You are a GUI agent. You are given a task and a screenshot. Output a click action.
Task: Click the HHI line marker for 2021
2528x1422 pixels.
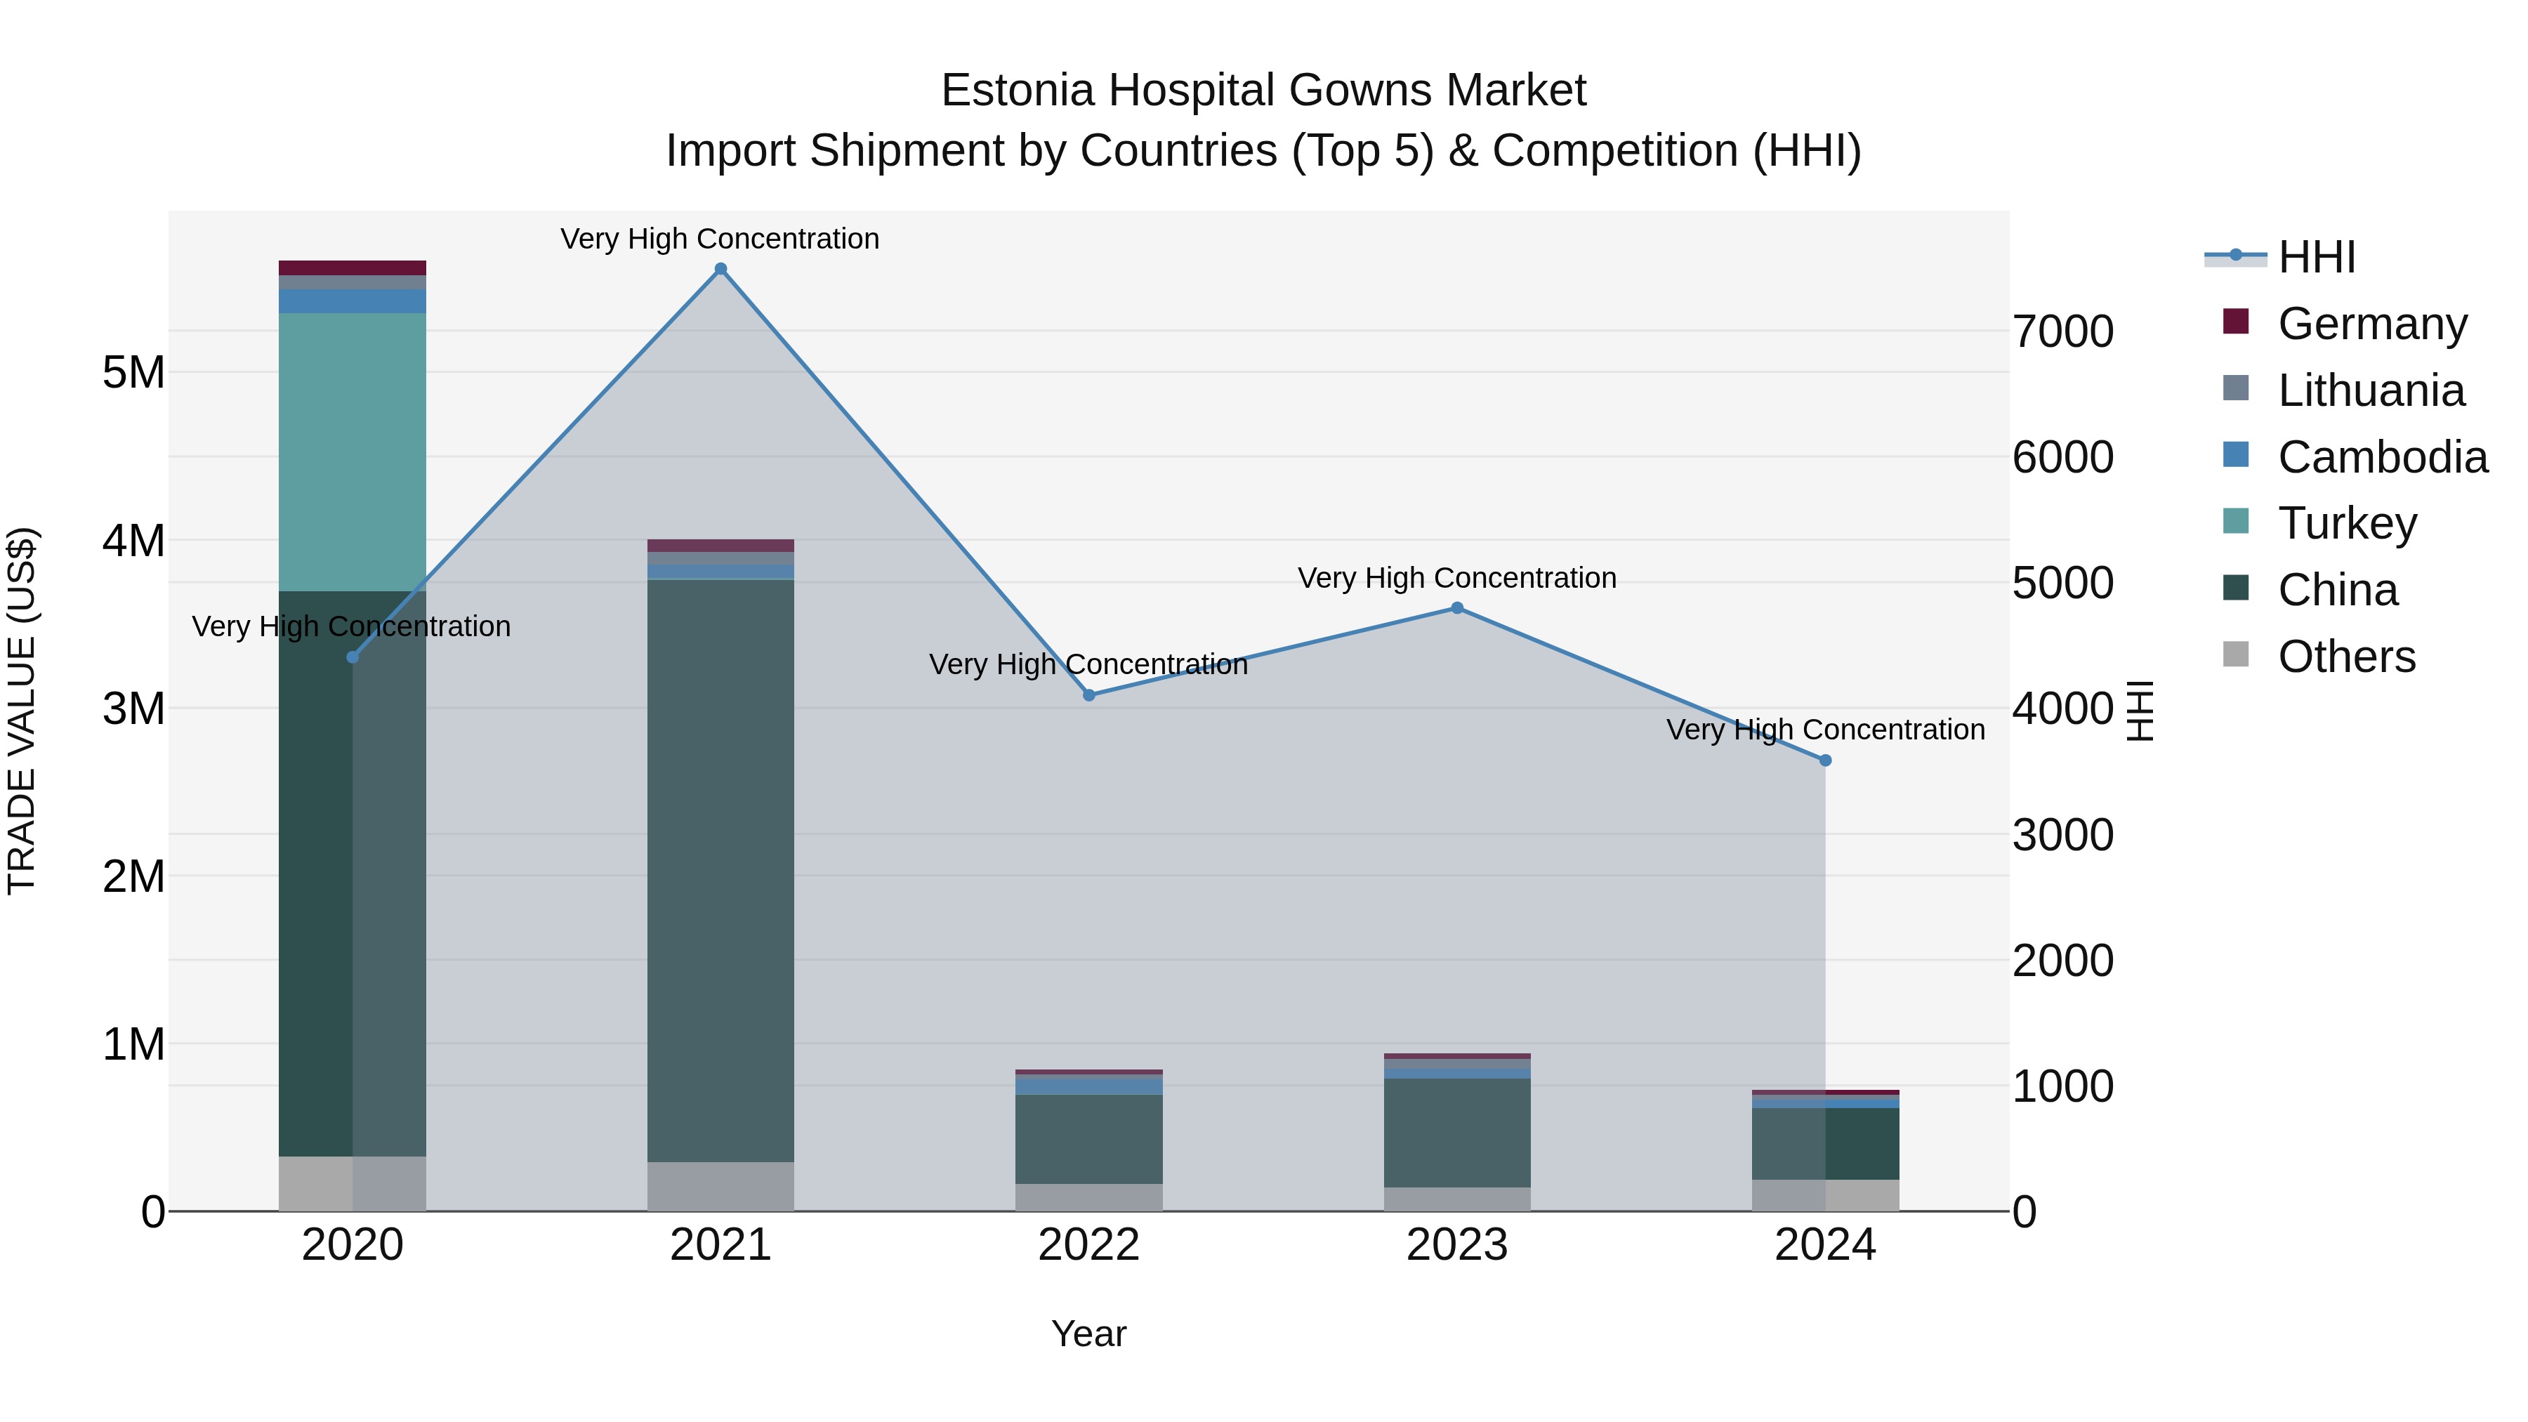720,269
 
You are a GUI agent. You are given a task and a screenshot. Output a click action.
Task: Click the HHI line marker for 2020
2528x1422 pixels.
353,657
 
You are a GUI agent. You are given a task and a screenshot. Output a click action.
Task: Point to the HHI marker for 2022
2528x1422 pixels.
1088,694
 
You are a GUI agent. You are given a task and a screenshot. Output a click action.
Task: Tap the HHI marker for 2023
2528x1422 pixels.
1456,608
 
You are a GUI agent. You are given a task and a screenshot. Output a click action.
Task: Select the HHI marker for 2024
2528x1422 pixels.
1824,761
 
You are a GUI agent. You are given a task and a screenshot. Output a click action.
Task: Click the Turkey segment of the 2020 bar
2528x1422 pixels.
353,452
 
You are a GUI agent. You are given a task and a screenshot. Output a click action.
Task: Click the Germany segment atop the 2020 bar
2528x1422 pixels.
353,268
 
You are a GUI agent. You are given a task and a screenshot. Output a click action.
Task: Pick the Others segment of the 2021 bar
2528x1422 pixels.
720,1187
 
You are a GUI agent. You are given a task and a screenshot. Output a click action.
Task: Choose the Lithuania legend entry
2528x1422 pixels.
2370,390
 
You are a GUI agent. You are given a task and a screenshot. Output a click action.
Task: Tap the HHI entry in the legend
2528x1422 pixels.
2316,257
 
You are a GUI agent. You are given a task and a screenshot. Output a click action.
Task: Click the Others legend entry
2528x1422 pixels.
2345,657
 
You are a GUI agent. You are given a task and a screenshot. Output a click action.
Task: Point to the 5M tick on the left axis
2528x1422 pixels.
133,373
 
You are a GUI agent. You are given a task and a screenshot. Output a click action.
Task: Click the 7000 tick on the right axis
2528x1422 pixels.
2062,331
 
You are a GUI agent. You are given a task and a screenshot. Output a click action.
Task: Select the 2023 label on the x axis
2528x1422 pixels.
1456,1245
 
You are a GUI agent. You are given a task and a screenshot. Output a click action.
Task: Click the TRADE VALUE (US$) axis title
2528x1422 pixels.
22,711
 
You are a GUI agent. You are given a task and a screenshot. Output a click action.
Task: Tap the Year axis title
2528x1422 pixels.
1088,1334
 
